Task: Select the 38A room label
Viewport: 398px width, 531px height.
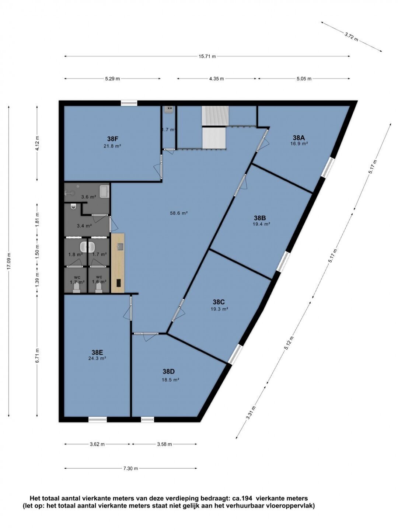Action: point(298,138)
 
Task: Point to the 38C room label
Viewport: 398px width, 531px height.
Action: point(219,302)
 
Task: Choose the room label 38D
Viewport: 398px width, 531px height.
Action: point(169,371)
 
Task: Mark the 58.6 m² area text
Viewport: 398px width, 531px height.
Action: point(179,213)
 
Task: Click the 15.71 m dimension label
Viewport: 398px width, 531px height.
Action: point(207,57)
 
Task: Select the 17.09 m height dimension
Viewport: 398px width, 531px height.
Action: point(9,261)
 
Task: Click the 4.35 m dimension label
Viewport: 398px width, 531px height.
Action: point(217,79)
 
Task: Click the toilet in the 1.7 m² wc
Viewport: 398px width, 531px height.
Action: point(77,288)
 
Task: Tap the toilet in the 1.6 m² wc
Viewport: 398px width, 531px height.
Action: point(99,288)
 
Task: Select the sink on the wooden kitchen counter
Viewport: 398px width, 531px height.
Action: point(121,247)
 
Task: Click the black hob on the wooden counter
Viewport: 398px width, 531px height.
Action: point(119,282)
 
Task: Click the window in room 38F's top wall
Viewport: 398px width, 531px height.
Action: point(129,103)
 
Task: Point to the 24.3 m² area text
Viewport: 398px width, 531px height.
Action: point(97,358)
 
